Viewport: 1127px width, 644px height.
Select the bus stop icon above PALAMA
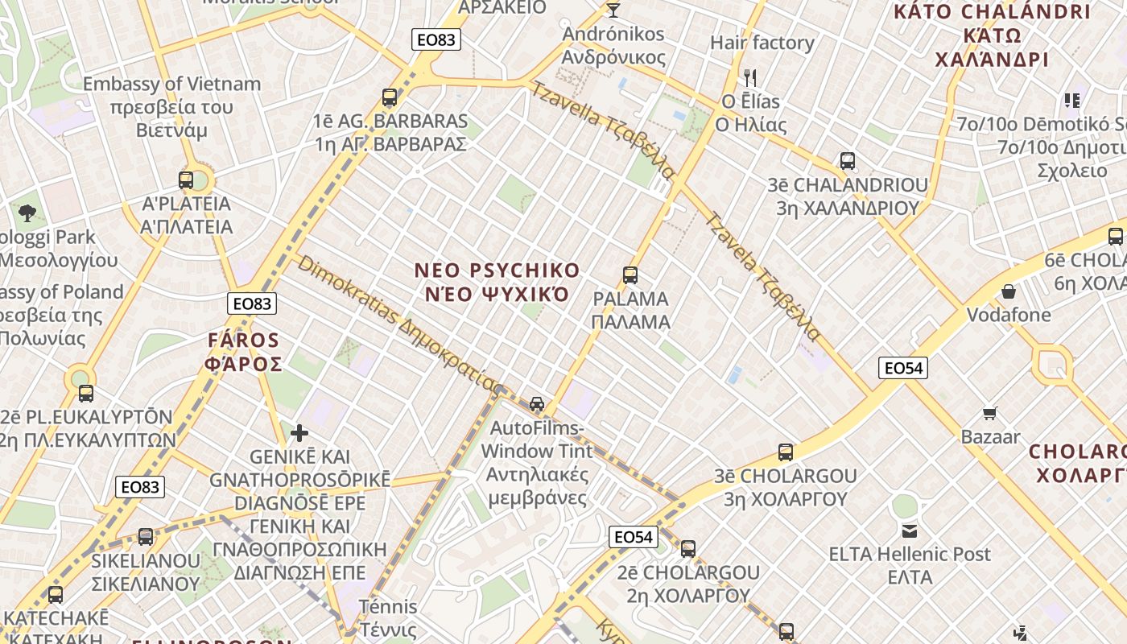pos(630,275)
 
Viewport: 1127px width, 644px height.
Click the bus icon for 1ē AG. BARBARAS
pos(390,98)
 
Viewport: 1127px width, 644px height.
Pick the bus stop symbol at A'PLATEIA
pos(186,180)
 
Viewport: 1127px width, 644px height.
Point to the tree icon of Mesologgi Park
pos(27,213)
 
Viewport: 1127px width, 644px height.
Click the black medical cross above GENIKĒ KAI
pos(299,434)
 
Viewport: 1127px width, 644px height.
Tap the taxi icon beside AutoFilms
pos(537,404)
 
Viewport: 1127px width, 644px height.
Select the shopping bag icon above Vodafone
pos(1008,291)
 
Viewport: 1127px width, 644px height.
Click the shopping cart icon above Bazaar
pos(990,414)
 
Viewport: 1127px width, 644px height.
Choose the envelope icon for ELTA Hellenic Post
pos(910,531)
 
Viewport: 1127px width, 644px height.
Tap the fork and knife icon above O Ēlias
pos(750,78)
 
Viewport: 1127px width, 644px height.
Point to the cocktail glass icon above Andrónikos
pos(613,10)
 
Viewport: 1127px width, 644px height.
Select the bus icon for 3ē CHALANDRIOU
pos(847,161)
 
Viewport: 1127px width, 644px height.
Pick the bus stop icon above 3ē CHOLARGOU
pos(786,452)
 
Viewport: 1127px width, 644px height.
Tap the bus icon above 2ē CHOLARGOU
pos(688,550)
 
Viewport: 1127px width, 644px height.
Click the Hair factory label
pos(762,43)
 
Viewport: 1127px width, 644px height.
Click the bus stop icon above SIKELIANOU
pos(146,537)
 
